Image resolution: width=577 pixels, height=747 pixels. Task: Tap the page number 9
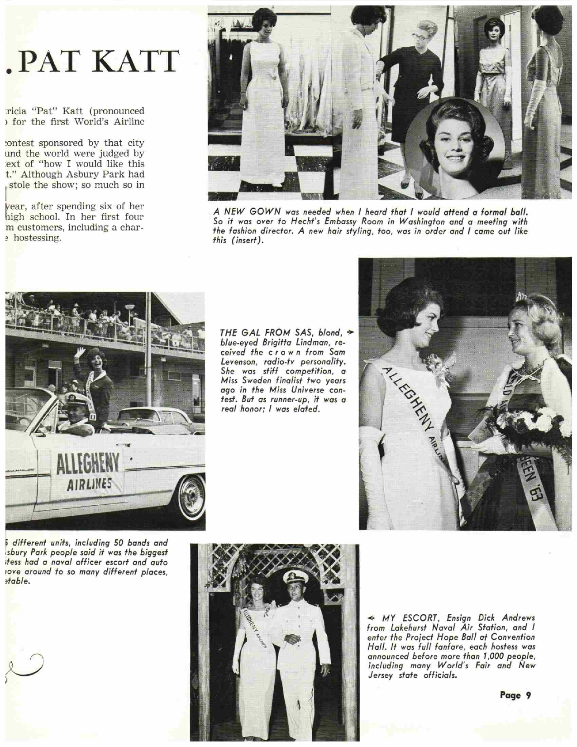click(x=528, y=695)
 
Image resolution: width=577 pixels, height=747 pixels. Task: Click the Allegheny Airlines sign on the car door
click(x=88, y=471)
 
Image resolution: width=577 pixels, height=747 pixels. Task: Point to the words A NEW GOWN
click(x=242, y=211)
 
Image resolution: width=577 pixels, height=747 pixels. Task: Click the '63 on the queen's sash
click(x=535, y=492)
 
